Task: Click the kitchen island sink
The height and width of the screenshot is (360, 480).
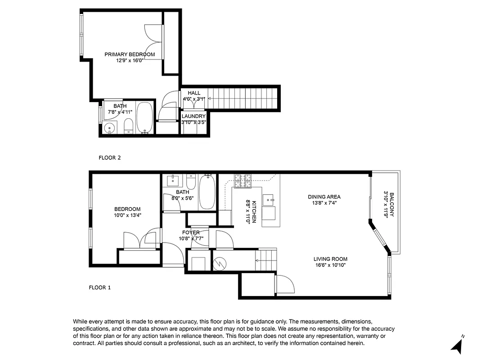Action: pos(268,198)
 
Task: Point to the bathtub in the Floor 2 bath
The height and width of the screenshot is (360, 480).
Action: pos(144,118)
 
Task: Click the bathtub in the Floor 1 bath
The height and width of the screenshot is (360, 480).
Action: pos(207,192)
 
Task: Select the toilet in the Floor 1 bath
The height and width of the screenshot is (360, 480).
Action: pos(191,182)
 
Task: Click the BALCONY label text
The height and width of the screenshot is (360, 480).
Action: pos(391,205)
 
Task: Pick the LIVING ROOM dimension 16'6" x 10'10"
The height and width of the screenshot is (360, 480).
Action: pos(330,265)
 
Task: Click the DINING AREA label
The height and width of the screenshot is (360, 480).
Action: pos(324,197)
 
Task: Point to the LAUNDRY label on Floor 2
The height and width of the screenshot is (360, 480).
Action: pos(193,116)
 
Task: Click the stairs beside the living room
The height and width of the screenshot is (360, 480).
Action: pos(265,260)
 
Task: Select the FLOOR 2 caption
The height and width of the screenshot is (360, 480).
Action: pos(110,158)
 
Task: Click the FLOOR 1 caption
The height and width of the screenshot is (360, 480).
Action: pos(99,287)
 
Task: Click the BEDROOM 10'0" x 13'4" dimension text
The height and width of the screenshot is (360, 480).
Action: pos(127,215)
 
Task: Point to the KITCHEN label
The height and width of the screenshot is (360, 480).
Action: pos(254,211)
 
